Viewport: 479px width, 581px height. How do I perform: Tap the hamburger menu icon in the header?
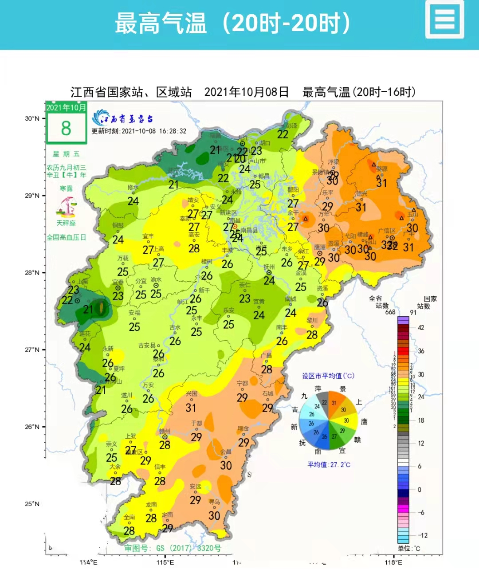tap(445, 20)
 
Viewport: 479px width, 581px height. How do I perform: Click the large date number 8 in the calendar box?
tap(66, 129)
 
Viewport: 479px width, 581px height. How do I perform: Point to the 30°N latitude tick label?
tap(32, 118)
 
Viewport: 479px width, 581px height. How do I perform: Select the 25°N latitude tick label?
tap(32, 504)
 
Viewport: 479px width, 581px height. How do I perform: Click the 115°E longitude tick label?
tap(165, 562)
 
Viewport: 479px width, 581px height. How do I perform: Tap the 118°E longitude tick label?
tap(393, 562)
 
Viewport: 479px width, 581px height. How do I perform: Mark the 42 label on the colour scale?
tap(420, 328)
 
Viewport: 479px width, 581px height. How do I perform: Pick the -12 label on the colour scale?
tap(422, 535)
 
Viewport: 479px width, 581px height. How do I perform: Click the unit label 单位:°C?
tap(409, 549)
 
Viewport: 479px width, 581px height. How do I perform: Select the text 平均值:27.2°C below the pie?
tap(329, 465)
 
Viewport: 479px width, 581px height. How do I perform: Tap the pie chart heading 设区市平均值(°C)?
tap(328, 376)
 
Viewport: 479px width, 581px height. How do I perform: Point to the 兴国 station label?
tap(191, 394)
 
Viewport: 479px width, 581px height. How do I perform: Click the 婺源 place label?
tap(382, 169)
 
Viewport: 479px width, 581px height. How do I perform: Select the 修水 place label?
tap(133, 188)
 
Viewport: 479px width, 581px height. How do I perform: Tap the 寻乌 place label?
tap(214, 502)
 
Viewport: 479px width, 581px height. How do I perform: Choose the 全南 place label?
tap(129, 517)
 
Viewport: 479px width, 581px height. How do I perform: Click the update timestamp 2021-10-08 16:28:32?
tap(139, 131)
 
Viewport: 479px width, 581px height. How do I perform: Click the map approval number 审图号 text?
tap(173, 548)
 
